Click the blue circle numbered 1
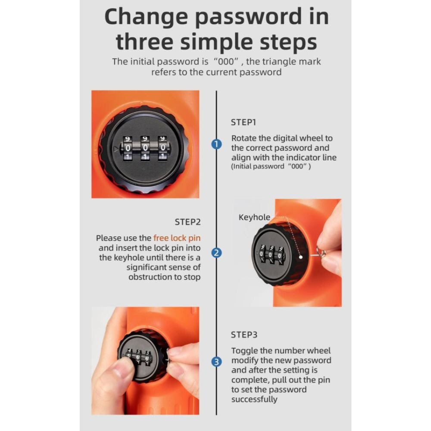point(216,144)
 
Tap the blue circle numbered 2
point(216,253)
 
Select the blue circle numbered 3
point(216,362)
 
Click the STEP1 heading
point(243,122)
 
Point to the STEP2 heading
point(188,222)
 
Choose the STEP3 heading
point(244,335)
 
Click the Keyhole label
point(254,217)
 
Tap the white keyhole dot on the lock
point(301,257)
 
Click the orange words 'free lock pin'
point(177,238)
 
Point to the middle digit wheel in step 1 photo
point(145,148)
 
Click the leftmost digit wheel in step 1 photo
point(128,148)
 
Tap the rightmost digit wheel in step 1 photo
point(163,148)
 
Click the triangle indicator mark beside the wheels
point(116,149)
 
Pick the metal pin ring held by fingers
point(321,252)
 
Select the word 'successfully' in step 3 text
point(254,399)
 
